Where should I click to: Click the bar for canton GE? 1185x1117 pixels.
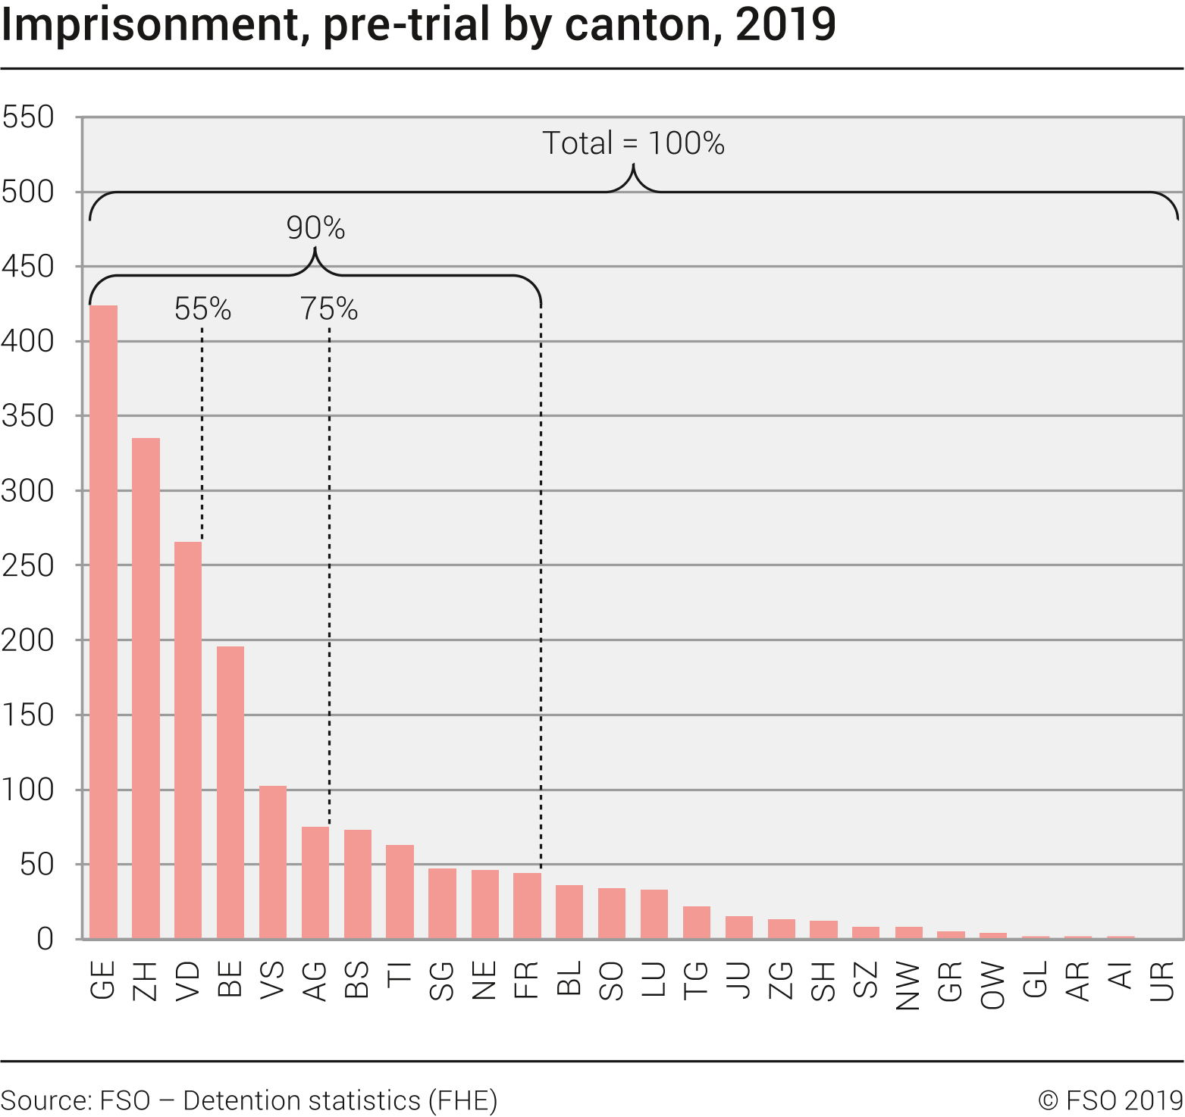103,621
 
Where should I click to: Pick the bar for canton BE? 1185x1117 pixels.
230,792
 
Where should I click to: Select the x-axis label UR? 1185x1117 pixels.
1162,981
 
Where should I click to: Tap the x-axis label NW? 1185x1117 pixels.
908,986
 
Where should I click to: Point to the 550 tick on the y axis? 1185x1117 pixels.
28,117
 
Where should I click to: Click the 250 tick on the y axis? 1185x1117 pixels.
28,565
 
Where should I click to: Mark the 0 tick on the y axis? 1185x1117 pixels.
45,939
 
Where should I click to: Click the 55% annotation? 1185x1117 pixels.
202,309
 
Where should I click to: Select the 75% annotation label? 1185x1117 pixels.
329,309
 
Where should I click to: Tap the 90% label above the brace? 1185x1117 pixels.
315,228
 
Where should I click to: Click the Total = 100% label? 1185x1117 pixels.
633,143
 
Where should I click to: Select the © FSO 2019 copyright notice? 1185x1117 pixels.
1110,1100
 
